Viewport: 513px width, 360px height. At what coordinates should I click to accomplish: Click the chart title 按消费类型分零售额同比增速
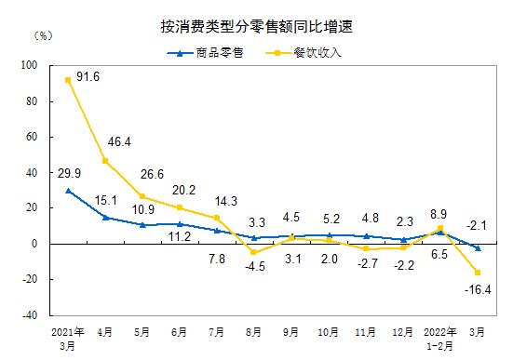point(256,29)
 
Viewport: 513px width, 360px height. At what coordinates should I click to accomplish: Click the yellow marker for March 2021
point(68,80)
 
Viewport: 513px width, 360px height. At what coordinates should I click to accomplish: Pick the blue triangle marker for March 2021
point(68,191)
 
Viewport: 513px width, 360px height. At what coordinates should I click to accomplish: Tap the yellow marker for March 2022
point(477,273)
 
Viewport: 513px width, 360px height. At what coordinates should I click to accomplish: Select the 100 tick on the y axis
point(28,66)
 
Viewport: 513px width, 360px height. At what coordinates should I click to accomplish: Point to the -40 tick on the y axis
point(28,315)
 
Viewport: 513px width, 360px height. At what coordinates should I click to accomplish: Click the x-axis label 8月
point(253,330)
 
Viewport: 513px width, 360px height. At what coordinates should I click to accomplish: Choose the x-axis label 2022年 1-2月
point(439,335)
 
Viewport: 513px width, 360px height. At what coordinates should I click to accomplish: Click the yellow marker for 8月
point(253,252)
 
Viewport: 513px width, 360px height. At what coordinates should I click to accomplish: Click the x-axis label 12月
point(402,330)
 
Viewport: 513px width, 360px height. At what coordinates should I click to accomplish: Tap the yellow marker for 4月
point(105,161)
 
